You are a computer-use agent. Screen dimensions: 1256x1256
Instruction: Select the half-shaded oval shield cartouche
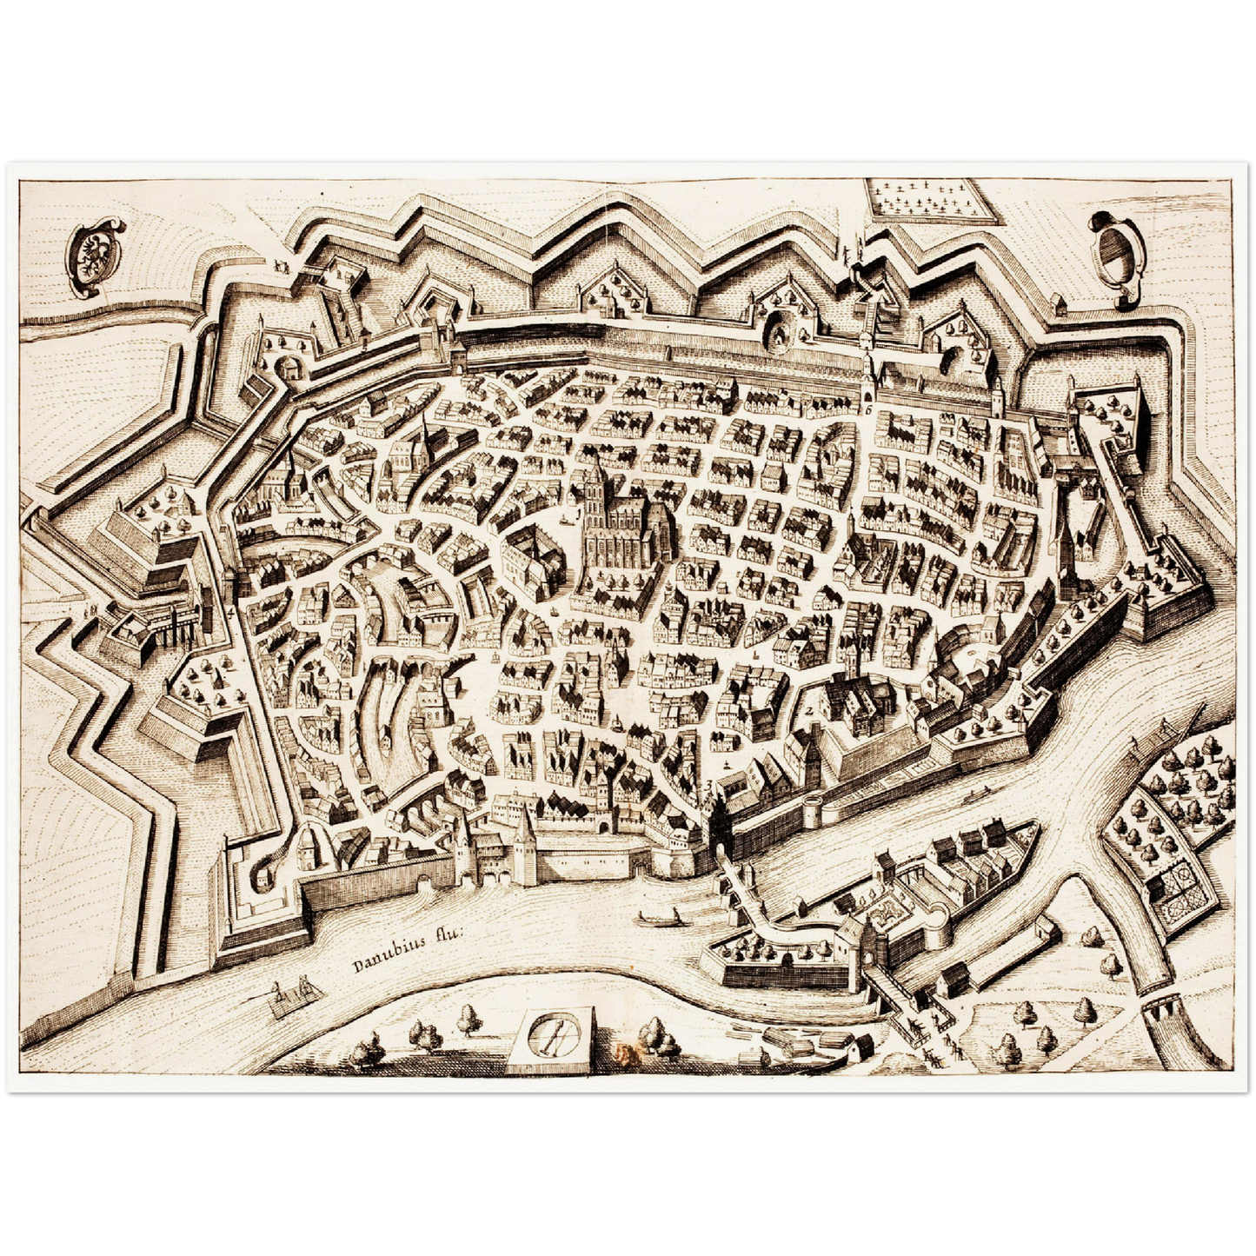click(x=1118, y=248)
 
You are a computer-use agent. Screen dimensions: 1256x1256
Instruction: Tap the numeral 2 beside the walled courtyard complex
click(x=808, y=710)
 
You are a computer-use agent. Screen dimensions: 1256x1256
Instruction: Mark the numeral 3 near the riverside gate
click(x=709, y=786)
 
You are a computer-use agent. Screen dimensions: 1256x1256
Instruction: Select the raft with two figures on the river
click(x=291, y=997)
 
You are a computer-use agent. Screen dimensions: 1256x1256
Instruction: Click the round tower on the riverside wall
click(x=814, y=808)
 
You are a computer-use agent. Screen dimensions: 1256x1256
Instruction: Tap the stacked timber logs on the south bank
click(x=795, y=1038)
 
